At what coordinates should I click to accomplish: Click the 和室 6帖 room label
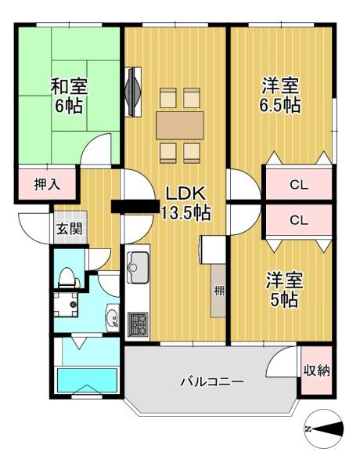69,96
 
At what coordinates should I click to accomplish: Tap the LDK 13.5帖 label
186,203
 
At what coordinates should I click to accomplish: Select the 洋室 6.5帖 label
280,95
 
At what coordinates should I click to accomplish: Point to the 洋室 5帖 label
284,289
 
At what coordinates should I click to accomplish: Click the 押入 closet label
47,184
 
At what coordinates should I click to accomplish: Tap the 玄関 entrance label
69,229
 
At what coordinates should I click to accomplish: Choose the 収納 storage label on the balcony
317,371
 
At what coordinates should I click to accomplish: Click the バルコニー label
212,381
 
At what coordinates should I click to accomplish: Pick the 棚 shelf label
219,291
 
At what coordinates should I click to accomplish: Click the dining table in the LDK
180,125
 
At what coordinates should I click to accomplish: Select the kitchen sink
138,267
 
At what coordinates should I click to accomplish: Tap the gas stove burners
138,324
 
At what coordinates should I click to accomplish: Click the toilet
69,278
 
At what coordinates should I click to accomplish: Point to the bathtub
87,380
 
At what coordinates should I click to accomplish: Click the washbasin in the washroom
113,318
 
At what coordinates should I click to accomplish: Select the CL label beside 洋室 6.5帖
299,186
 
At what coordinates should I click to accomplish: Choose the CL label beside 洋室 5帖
299,221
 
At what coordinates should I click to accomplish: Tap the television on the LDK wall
133,92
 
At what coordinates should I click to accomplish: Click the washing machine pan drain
73,304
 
